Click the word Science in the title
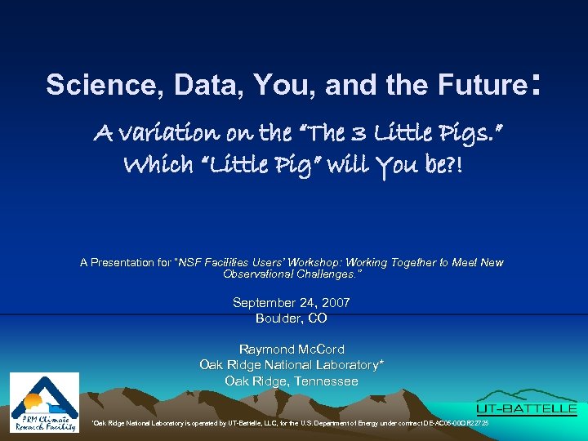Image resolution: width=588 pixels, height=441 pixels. pyautogui.click(x=85, y=85)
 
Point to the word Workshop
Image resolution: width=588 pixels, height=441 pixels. pyautogui.click(x=314, y=263)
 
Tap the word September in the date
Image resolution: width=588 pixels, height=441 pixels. pyautogui.click(x=265, y=303)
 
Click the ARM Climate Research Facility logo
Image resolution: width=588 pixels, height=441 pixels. pyautogui.click(x=44, y=402)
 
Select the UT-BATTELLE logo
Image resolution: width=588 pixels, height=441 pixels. pyautogui.click(x=527, y=408)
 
